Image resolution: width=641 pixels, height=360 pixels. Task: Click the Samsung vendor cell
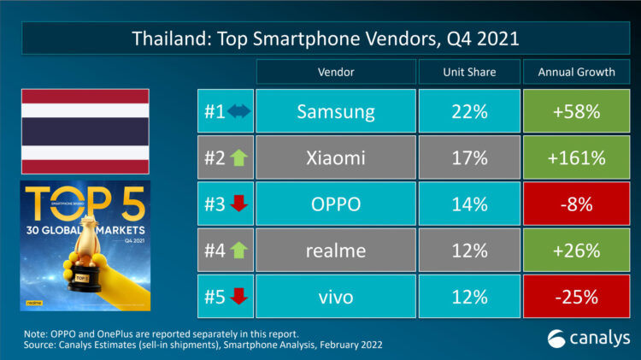[335, 111]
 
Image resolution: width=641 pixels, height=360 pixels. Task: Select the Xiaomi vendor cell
[335, 158]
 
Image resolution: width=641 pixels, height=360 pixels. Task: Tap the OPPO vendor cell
[335, 205]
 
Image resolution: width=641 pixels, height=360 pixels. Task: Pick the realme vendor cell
[335, 251]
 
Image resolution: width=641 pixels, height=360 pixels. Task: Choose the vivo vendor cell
[335, 298]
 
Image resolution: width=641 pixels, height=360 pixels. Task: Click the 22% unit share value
[468, 111]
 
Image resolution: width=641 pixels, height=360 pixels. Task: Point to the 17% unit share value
[468, 158]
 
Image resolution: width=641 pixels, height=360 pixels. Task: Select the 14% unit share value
[468, 205]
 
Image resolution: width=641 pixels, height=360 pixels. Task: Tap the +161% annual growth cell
[576, 158]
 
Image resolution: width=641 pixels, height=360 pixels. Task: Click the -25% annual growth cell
[576, 298]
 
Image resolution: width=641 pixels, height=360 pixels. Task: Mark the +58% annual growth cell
[576, 111]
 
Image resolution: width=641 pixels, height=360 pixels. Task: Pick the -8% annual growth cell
[576, 205]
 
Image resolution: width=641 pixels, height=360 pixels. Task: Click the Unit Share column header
[468, 72]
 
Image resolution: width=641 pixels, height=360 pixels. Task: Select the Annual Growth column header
[576, 72]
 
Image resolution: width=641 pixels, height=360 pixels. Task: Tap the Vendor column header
[335, 72]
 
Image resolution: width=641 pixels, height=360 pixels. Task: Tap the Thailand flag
[85, 130]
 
